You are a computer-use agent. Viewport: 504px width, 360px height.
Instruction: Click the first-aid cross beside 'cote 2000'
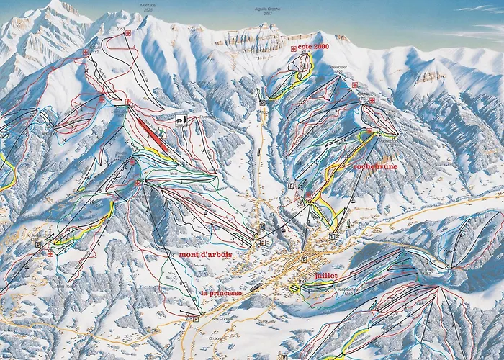(292, 48)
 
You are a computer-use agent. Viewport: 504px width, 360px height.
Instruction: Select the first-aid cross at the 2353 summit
(128, 33)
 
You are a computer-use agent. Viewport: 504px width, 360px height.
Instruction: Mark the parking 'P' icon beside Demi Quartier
(196, 318)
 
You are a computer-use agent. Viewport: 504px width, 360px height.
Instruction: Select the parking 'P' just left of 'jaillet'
(298, 282)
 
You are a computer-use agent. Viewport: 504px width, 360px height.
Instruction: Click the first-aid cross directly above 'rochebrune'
(369, 131)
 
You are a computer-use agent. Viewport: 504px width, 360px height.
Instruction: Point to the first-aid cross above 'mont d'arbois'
(137, 183)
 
